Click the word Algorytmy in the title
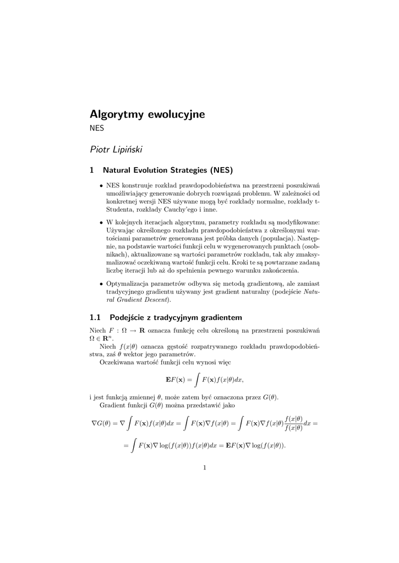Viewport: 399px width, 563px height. click(117, 115)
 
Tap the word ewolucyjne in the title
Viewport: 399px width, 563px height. click(176, 115)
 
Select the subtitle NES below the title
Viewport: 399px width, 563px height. click(97, 129)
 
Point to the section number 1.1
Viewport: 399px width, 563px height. click(96, 317)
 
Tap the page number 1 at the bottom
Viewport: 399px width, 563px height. click(204, 468)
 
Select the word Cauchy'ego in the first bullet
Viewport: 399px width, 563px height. click(181, 209)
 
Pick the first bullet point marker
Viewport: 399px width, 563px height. click(101, 186)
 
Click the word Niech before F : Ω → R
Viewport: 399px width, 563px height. click(97, 330)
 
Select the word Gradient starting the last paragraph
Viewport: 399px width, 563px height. click(112, 405)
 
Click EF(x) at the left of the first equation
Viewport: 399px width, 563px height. click(177, 379)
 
